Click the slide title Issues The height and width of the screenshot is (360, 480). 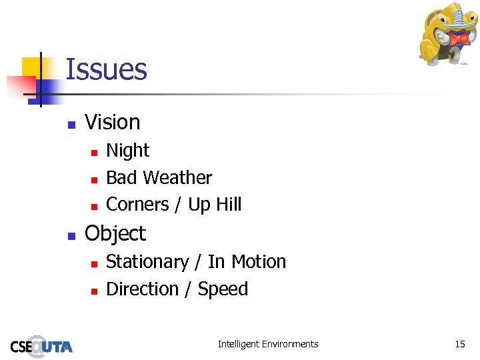click(107, 69)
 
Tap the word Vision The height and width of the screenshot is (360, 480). click(113, 122)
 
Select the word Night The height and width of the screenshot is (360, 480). click(128, 151)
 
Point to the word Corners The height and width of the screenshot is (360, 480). click(137, 205)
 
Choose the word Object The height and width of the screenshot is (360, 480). click(115, 233)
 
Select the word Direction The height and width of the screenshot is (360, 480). click(143, 289)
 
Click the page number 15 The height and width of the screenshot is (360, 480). click(460, 344)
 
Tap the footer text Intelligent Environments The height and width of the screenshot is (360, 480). click(268, 344)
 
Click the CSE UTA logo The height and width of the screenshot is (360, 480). click(41, 345)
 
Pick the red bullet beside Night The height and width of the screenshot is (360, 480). click(94, 153)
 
